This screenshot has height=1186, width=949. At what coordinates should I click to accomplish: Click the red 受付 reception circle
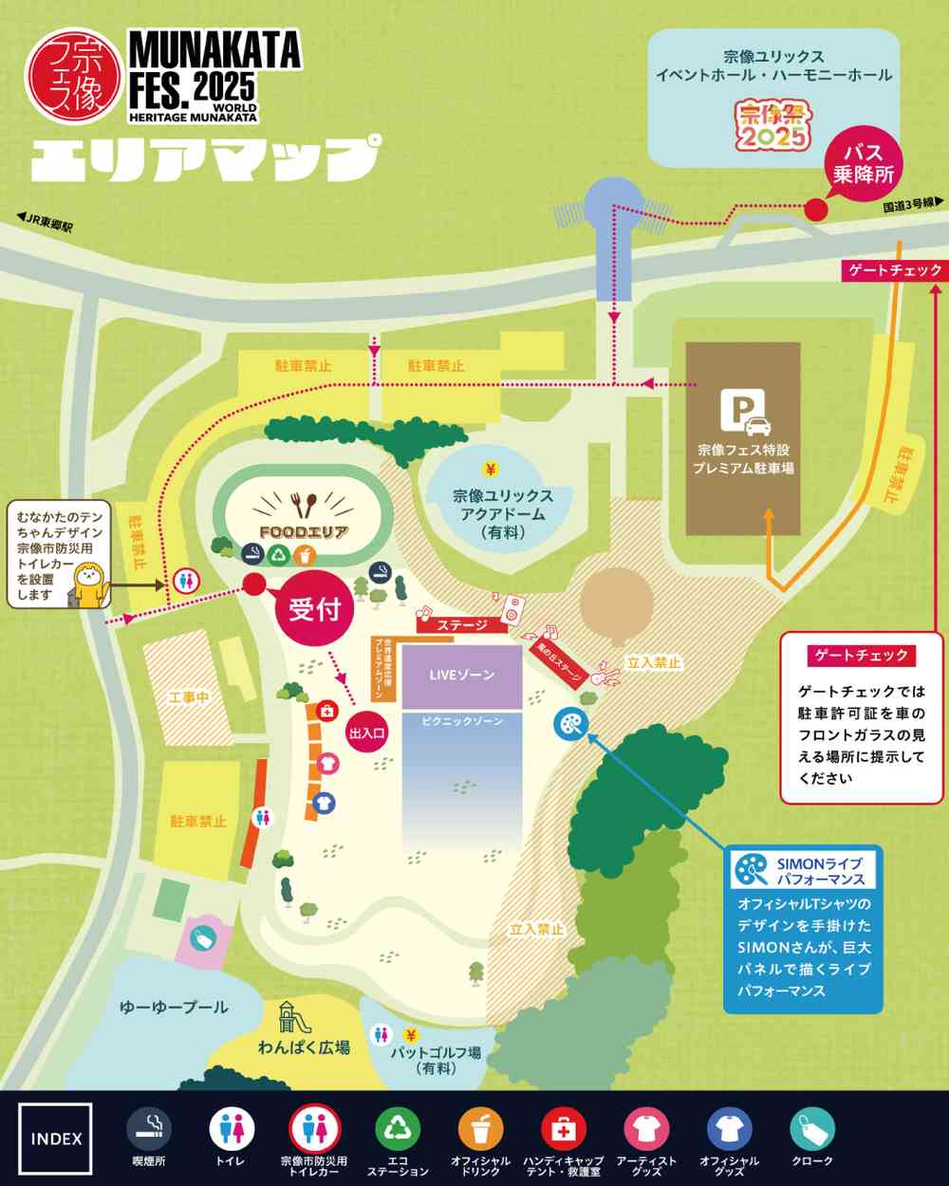point(314,609)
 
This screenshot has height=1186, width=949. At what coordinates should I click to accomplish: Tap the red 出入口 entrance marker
point(367,732)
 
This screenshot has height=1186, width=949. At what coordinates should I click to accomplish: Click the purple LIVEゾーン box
point(461,676)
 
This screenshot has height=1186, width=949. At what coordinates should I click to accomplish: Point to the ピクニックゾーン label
point(461,721)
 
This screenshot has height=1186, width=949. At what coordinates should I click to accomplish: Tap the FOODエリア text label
point(303,532)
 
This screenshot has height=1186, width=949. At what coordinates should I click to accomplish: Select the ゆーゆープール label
point(174,1007)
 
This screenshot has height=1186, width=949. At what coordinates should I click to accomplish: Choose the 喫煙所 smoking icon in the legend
point(149,1130)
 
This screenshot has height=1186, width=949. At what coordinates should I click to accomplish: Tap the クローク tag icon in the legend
point(812,1130)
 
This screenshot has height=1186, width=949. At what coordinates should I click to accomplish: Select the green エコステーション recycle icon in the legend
point(398,1130)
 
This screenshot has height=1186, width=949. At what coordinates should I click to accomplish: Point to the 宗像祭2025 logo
point(773,125)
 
